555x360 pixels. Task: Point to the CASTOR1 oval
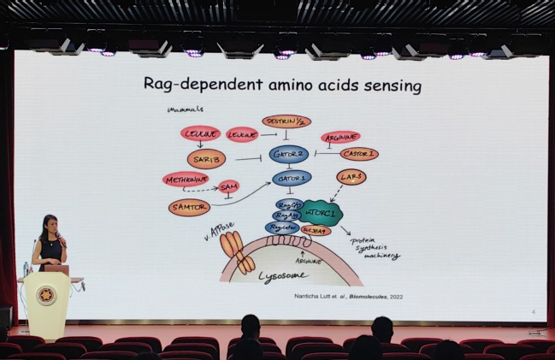pos(359,154)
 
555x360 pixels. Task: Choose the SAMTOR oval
pos(190,207)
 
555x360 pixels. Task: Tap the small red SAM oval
pos(229,186)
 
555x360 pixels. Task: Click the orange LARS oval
pos(351,178)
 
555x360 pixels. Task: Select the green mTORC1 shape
pos(320,212)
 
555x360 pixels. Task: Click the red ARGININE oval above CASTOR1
pos(340,137)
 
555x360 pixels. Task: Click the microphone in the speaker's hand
pos(62,243)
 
